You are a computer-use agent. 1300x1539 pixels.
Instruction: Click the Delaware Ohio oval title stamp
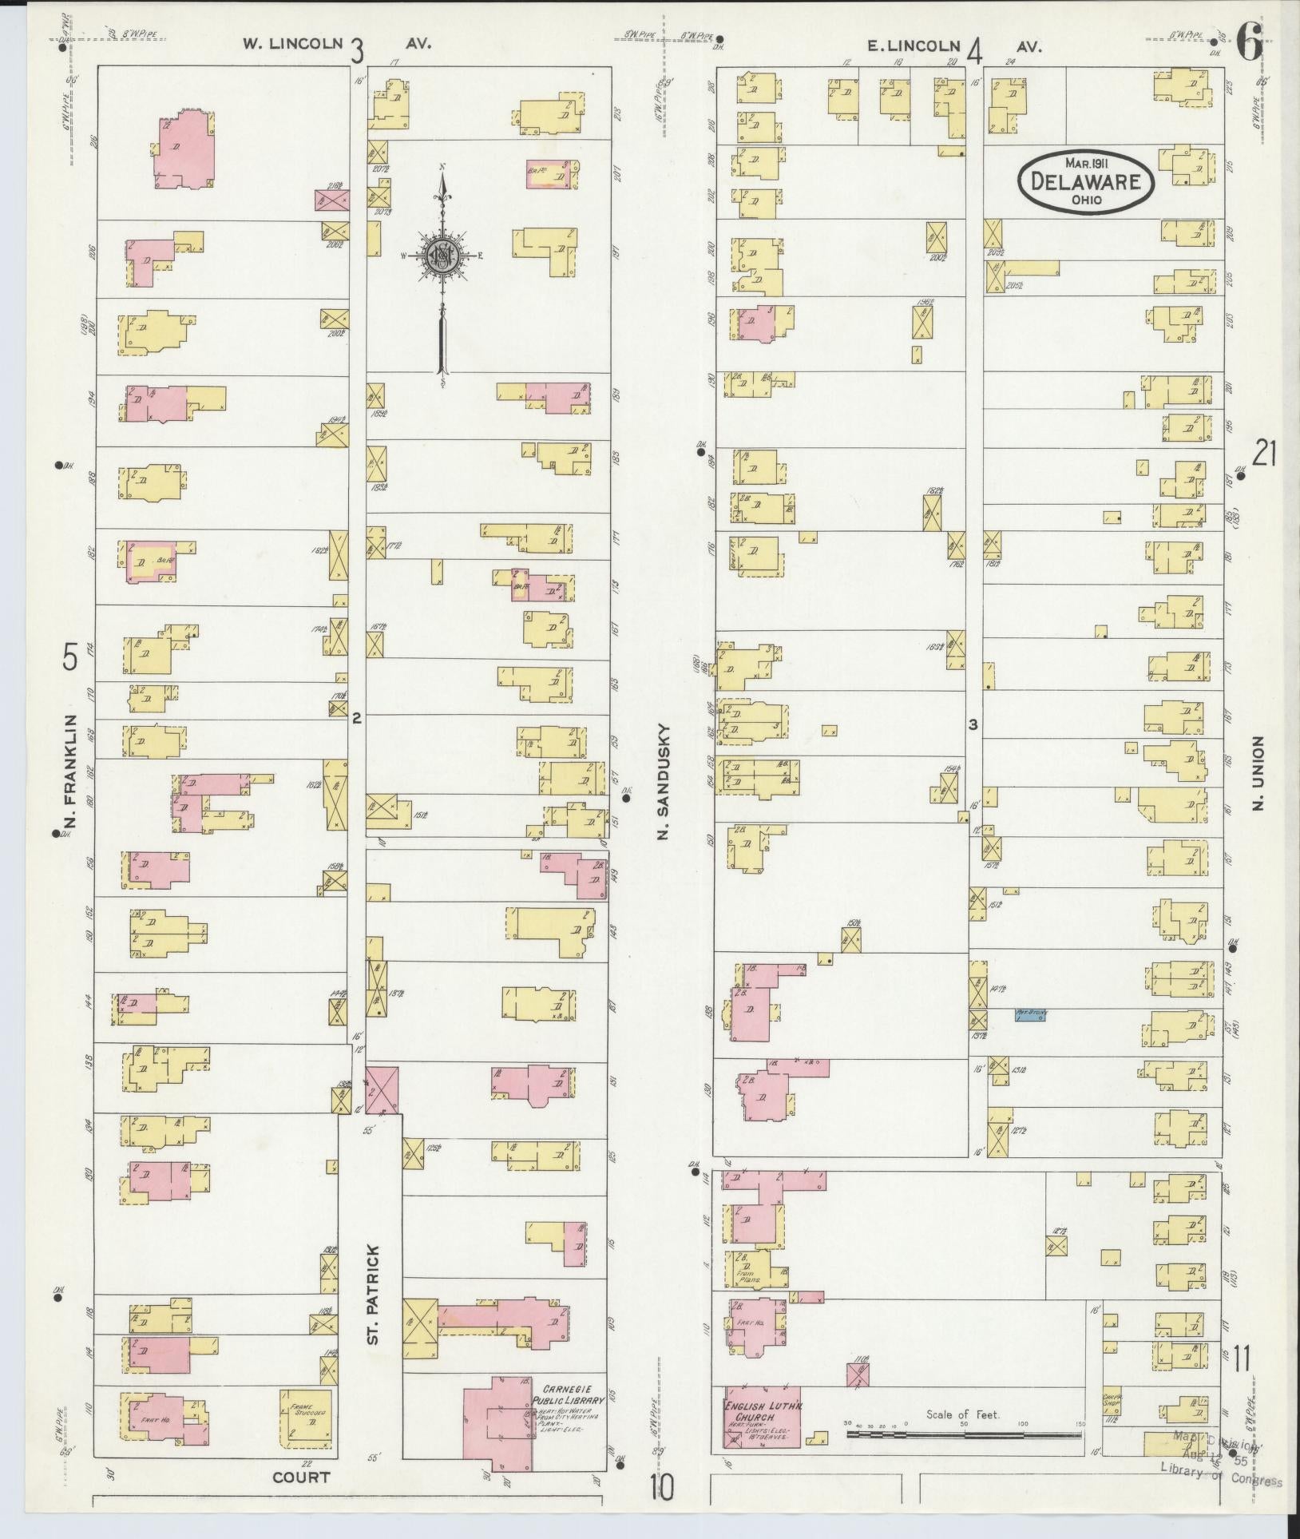tap(1085, 181)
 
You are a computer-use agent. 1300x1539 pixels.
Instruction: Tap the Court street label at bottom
tap(301, 1477)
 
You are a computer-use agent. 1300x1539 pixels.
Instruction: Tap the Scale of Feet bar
tap(962, 1434)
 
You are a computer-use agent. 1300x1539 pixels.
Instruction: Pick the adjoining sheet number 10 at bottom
tap(661, 1487)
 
